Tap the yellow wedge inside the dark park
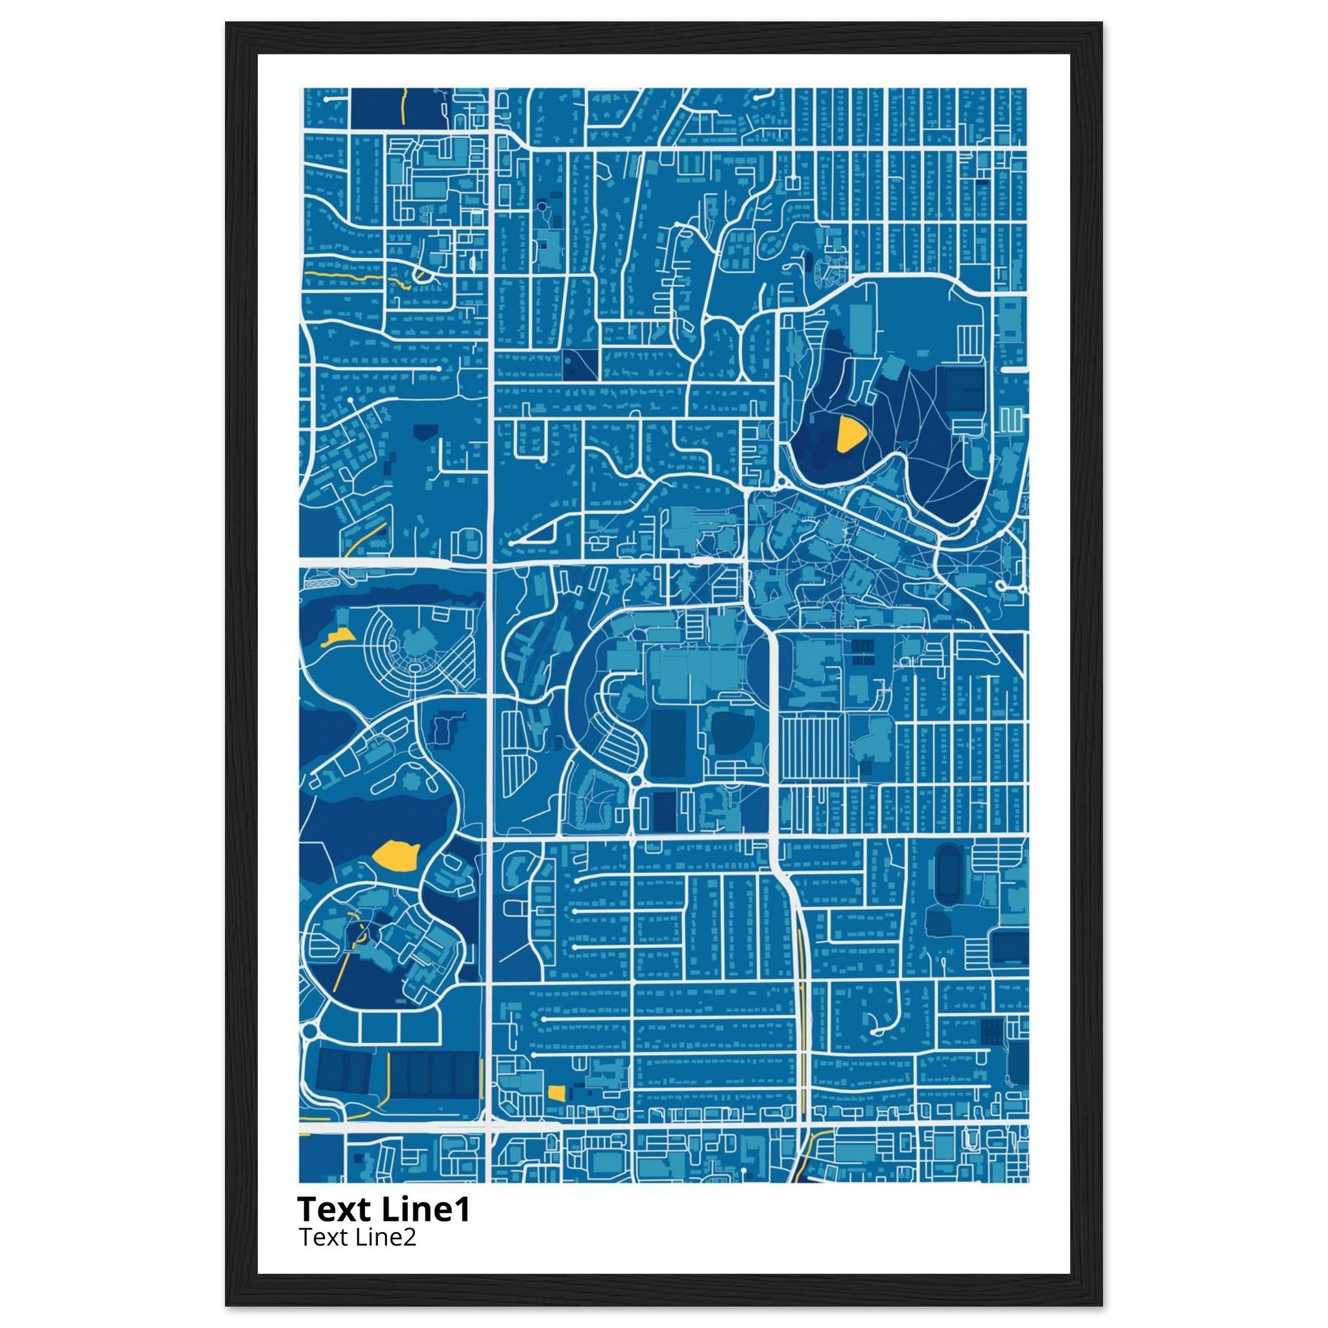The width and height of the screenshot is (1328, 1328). pos(849,434)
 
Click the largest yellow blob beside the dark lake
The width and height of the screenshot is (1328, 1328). pos(394,856)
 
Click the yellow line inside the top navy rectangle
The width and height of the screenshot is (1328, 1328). pos(401,104)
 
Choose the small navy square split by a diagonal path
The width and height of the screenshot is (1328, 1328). pos(580,364)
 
